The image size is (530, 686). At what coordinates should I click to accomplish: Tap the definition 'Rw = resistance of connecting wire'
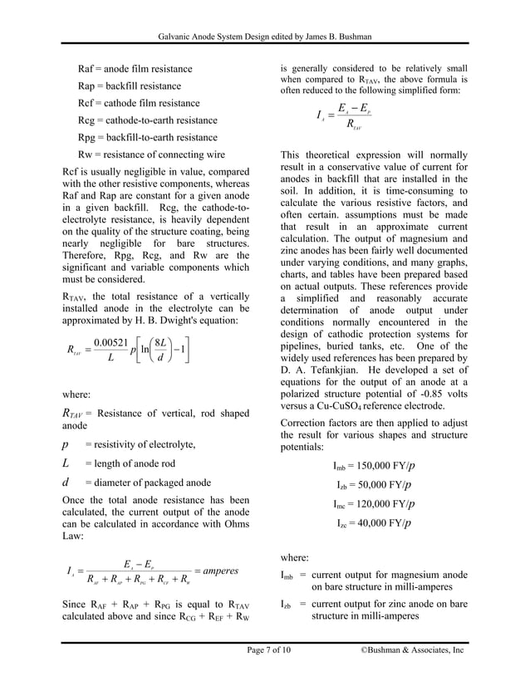tap(153, 155)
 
